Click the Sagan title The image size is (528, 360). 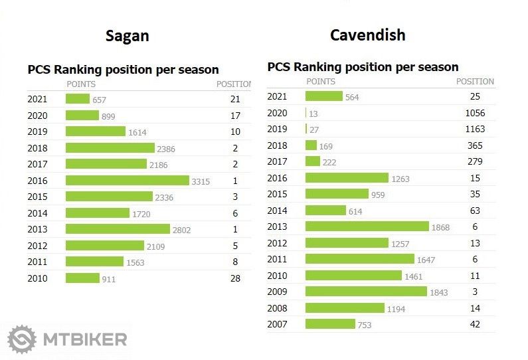127,36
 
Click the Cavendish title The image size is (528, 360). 367,35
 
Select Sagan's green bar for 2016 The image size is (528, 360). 127,181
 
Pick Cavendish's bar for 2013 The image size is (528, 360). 367,226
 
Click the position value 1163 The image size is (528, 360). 475,129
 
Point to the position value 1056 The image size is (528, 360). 475,113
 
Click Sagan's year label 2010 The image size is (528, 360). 37,278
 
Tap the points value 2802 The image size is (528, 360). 182,230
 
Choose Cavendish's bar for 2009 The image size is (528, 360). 366,292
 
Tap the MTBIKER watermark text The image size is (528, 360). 84,340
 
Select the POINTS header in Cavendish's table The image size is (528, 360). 321,82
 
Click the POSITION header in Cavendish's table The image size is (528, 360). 475,82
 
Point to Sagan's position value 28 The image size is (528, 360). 234,278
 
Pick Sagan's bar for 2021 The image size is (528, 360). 78,99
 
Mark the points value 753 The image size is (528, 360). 364,325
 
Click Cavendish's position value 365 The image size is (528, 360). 475,145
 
